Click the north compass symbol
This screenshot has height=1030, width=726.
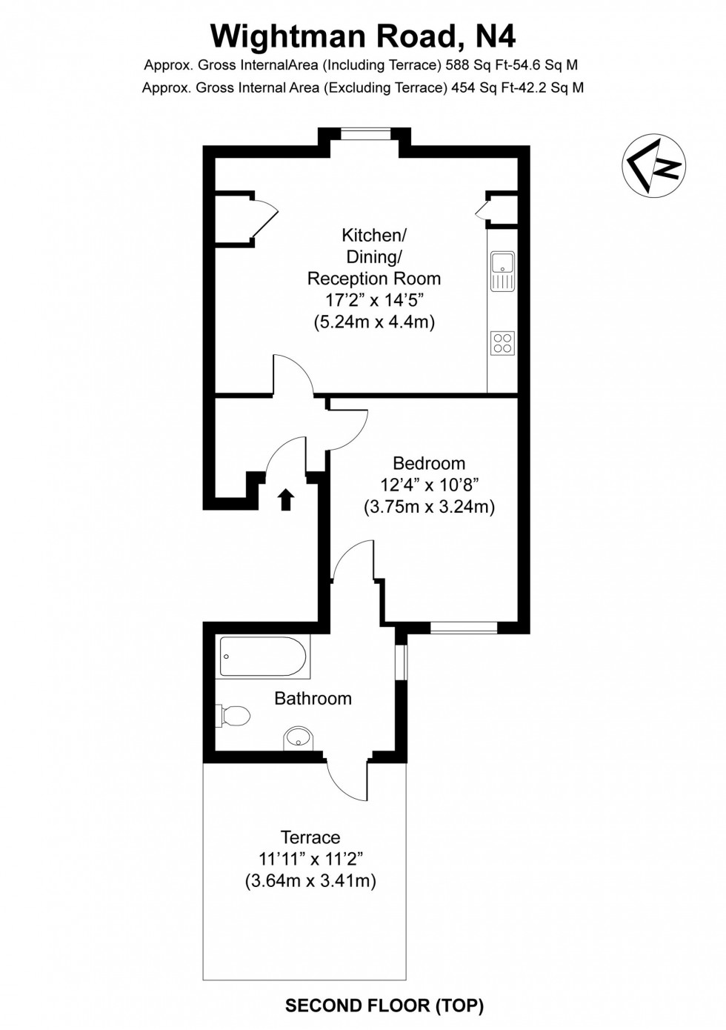click(653, 165)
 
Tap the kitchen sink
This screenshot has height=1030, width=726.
click(502, 270)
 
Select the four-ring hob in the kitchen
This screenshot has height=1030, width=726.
click(502, 343)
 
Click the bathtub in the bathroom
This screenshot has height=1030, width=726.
click(263, 657)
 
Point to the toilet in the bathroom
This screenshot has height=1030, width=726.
click(234, 716)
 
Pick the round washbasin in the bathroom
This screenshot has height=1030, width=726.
click(299, 738)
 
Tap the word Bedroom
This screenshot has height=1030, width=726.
click(429, 464)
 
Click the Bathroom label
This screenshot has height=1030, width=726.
click(313, 698)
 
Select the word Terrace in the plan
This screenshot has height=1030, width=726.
click(310, 837)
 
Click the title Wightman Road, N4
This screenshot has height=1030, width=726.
click(363, 36)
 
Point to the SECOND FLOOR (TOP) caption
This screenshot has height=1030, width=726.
click(384, 1006)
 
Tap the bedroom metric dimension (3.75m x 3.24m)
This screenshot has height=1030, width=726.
click(429, 508)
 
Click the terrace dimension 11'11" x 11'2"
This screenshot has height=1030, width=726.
click(310, 860)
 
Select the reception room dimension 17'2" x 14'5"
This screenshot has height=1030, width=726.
click(373, 300)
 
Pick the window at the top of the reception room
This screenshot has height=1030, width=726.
click(365, 133)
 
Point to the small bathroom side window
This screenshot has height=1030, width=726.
click(401, 662)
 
